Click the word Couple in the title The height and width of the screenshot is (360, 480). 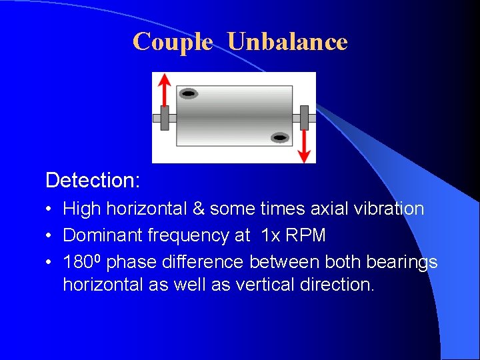tap(173, 42)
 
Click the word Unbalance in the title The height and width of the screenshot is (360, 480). tap(287, 42)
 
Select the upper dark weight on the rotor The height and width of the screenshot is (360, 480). tap(189, 94)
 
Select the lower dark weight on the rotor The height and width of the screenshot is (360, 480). tap(280, 138)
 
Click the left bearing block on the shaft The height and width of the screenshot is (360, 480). tap(164, 118)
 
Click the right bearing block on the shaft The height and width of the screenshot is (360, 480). tap(304, 118)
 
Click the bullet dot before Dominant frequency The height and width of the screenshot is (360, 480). tap(50, 236)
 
